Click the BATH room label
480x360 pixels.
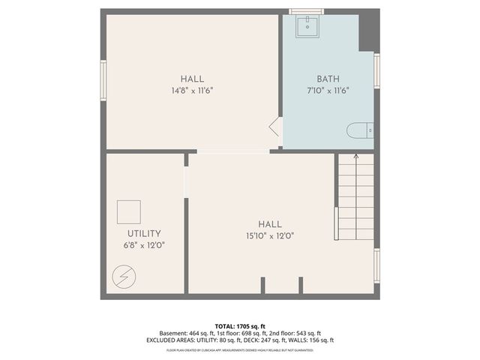(x=328, y=79)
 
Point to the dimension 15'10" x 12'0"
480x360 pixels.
(x=270, y=235)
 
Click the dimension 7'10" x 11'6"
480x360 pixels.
(x=328, y=89)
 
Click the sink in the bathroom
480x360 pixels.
(x=306, y=28)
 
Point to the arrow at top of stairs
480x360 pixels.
(x=355, y=157)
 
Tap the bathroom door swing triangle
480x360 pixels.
(x=275, y=127)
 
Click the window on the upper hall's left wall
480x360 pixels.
(x=103, y=78)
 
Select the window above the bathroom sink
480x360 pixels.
(x=306, y=10)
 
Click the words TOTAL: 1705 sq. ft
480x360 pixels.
(x=240, y=326)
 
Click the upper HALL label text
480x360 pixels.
(x=192, y=79)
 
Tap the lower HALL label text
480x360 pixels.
(x=270, y=224)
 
